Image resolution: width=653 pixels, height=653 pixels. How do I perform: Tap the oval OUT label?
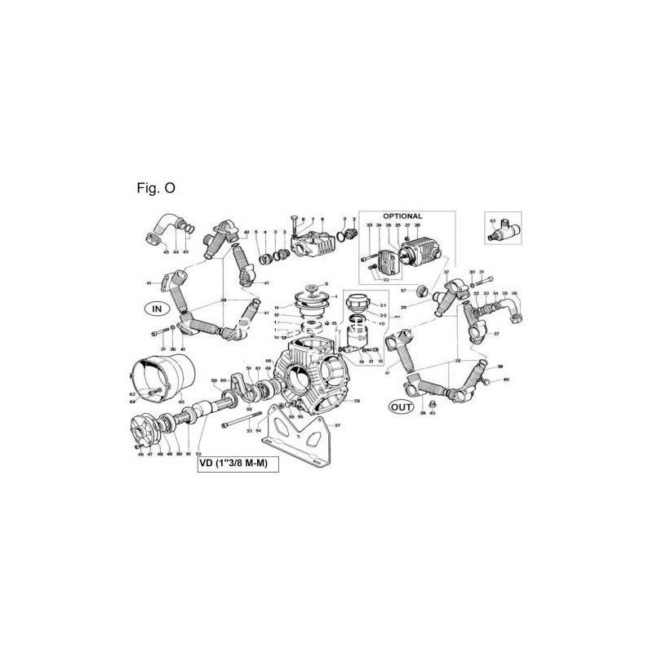[x=401, y=406]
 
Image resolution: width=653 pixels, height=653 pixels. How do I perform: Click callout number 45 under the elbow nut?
[x=166, y=252]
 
